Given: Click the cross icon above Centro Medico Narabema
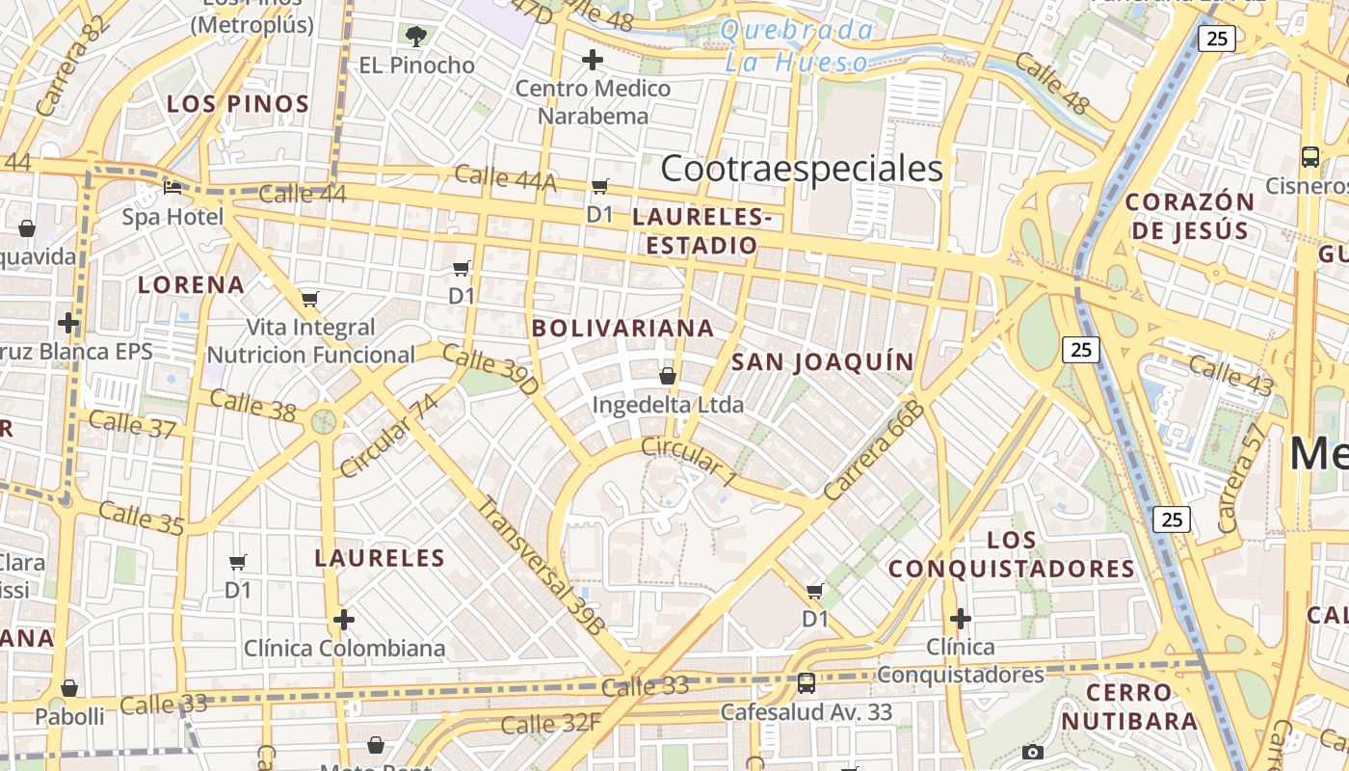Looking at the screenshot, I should pyautogui.click(x=593, y=61).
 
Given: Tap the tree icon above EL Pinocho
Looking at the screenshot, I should pyautogui.click(x=416, y=37).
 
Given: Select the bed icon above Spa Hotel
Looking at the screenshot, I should pyautogui.click(x=172, y=187).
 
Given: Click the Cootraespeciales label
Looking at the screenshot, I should pyautogui.click(x=802, y=169).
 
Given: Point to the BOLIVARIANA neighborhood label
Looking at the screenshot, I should pyautogui.click(x=623, y=328).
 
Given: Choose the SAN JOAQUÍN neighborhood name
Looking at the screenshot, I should pyautogui.click(x=822, y=362).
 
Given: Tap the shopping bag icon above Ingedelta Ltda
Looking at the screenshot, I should pyautogui.click(x=668, y=375).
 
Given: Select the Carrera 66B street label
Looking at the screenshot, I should pyautogui.click(x=875, y=450).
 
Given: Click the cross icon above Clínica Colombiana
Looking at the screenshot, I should pyautogui.click(x=344, y=619).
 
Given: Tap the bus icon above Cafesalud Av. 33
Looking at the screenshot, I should pyautogui.click(x=807, y=683).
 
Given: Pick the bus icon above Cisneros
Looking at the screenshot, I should pyautogui.click(x=1309, y=156).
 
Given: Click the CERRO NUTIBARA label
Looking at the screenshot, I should pyautogui.click(x=1128, y=706).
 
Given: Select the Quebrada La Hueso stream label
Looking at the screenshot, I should pyautogui.click(x=797, y=46).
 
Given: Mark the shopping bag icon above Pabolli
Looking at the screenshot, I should pyautogui.click(x=69, y=688).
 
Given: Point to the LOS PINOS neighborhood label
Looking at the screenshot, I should pyautogui.click(x=238, y=104).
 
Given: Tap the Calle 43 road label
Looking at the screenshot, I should pyautogui.click(x=1230, y=374).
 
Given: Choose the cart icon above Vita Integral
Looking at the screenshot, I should pyautogui.click(x=309, y=299).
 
